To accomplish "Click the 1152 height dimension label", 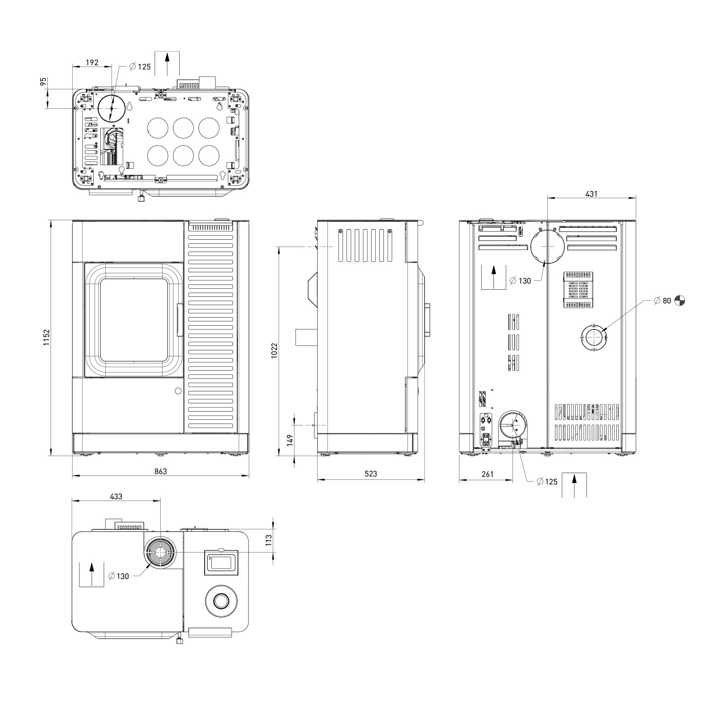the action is coord(46,337).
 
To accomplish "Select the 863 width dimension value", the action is coord(161,471).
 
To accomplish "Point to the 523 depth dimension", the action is coord(371,474).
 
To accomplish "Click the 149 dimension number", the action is coord(290,440).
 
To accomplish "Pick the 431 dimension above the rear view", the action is coord(591,194).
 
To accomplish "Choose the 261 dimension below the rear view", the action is coord(487,474).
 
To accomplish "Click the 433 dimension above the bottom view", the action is coord(116,496).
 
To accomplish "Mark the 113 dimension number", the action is coord(268,540).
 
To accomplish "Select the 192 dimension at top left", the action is coord(92,62).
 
